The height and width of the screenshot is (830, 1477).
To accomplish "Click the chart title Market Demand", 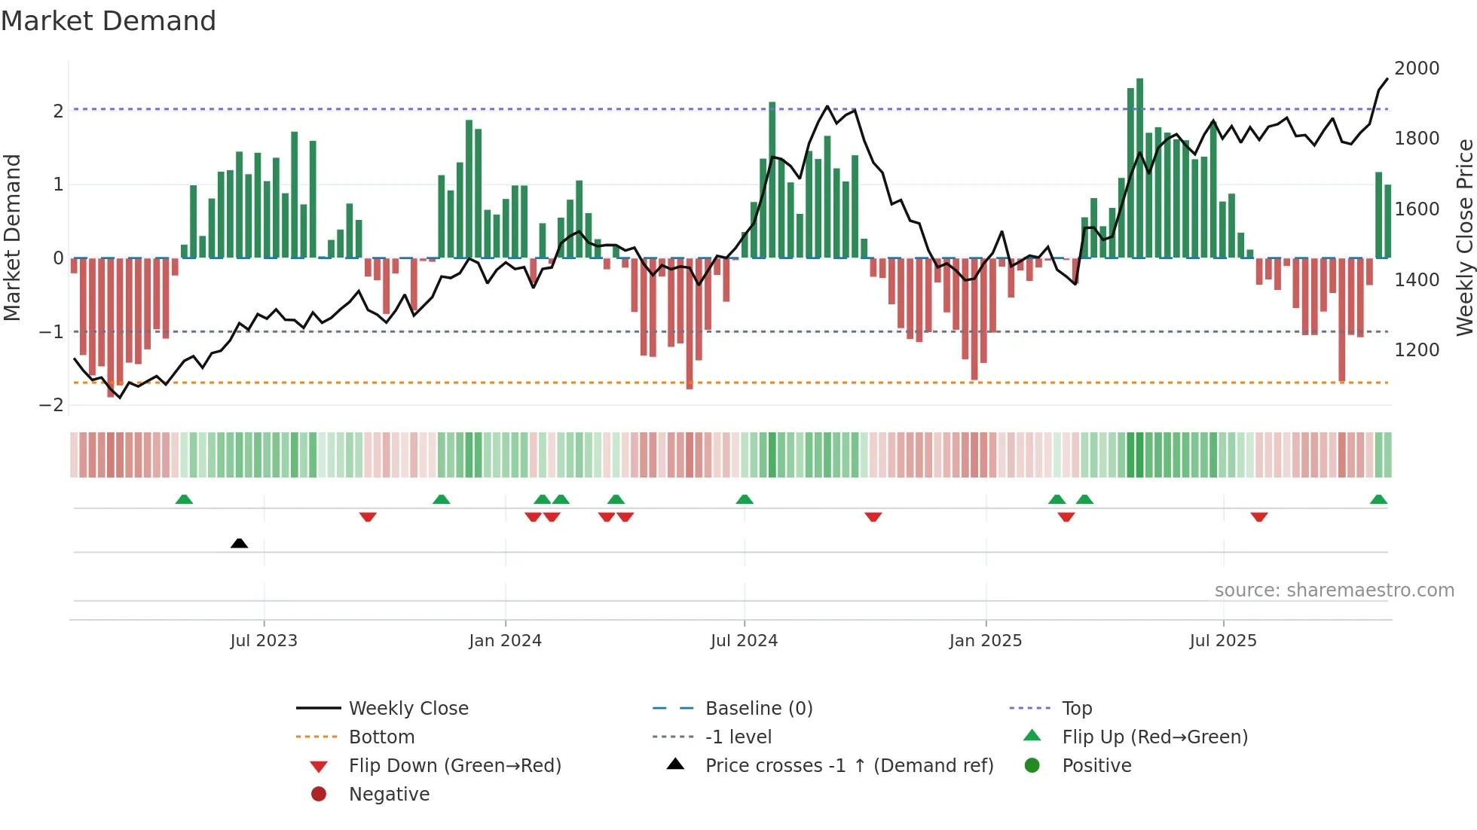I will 109,21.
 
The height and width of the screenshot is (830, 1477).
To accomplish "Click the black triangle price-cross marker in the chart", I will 239,543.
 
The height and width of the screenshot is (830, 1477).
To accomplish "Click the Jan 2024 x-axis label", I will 505,641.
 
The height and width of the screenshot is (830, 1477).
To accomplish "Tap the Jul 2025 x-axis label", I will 1223,641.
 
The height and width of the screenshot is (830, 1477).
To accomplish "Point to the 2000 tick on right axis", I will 1417,69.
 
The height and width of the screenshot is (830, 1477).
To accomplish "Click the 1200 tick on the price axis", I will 1417,350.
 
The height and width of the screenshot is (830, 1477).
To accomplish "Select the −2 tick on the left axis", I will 51,405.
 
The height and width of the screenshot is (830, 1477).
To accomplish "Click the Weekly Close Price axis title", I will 1464,237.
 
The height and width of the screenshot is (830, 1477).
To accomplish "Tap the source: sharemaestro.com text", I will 1334,590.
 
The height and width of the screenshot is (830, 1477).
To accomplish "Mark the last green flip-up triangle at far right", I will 1378,499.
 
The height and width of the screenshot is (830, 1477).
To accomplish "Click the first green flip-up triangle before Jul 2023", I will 184,499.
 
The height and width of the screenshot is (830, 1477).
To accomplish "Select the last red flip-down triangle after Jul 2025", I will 1259,517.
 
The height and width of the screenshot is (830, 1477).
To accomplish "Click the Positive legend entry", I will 1096,765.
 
